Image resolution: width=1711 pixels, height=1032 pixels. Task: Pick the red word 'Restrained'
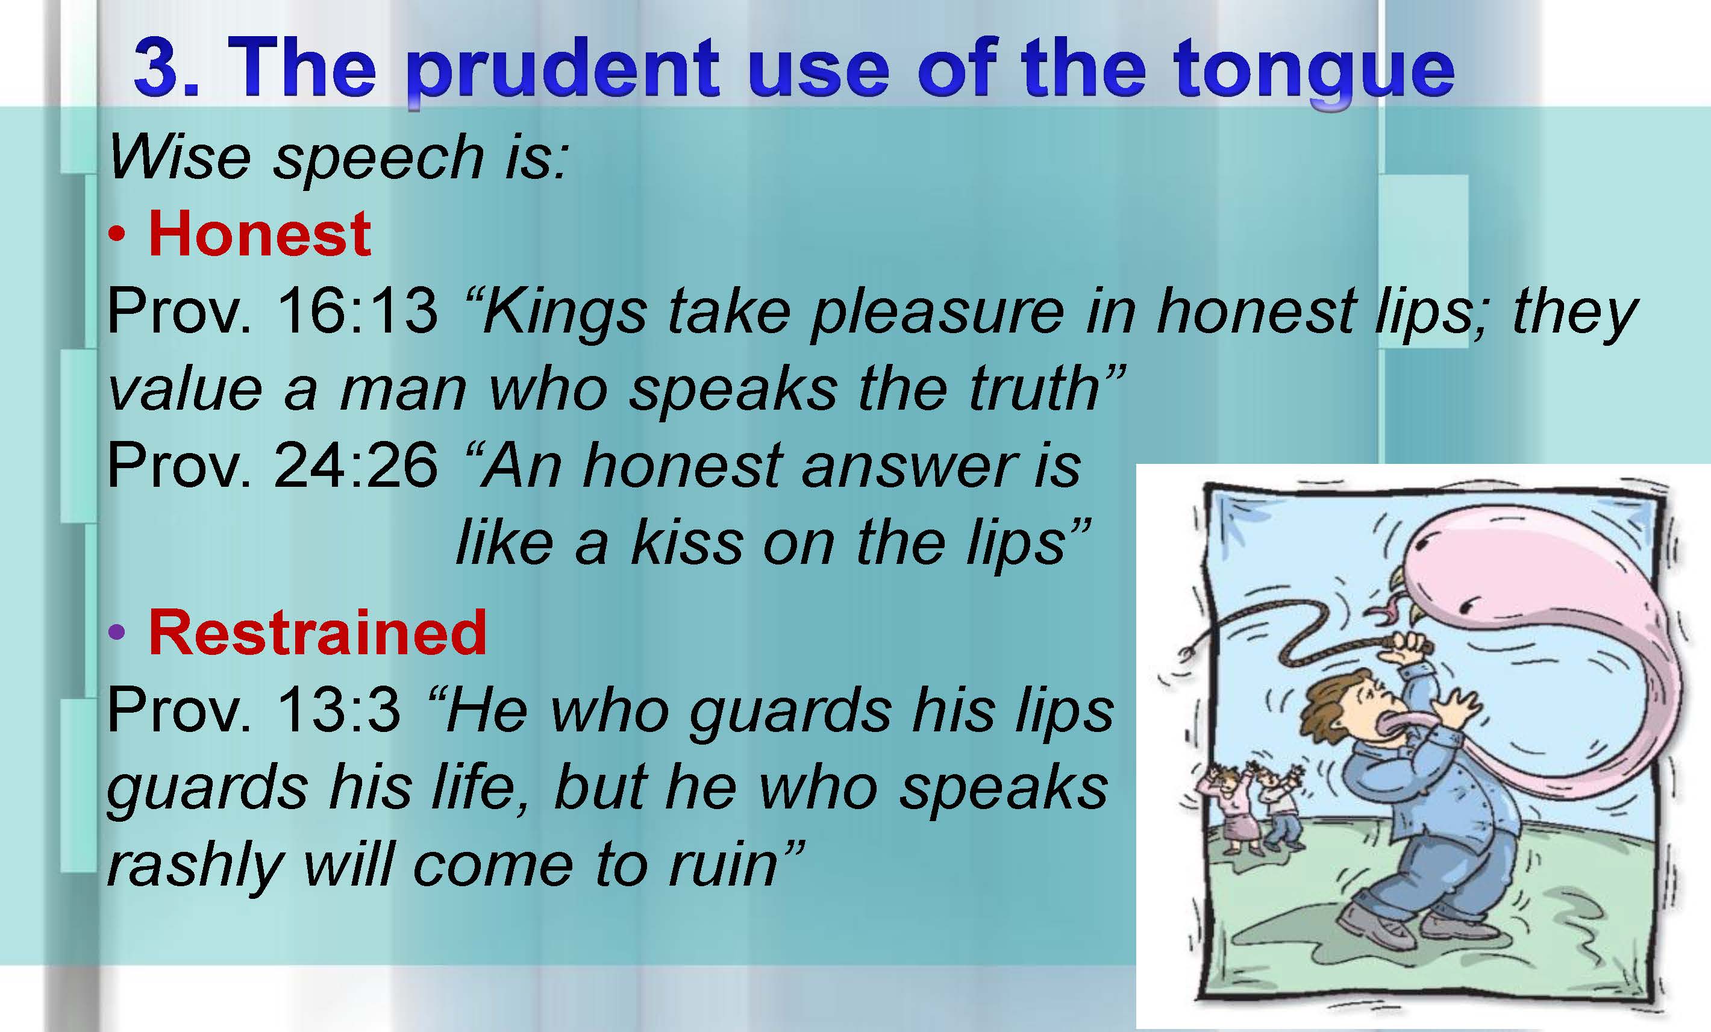coord(317,632)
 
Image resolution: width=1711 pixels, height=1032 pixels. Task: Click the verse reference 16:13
coord(357,310)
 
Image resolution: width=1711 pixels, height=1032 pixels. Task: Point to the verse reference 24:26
coord(356,465)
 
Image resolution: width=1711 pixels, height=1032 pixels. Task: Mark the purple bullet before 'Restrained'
coord(117,633)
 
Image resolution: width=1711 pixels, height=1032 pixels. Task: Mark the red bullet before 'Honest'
coord(117,235)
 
